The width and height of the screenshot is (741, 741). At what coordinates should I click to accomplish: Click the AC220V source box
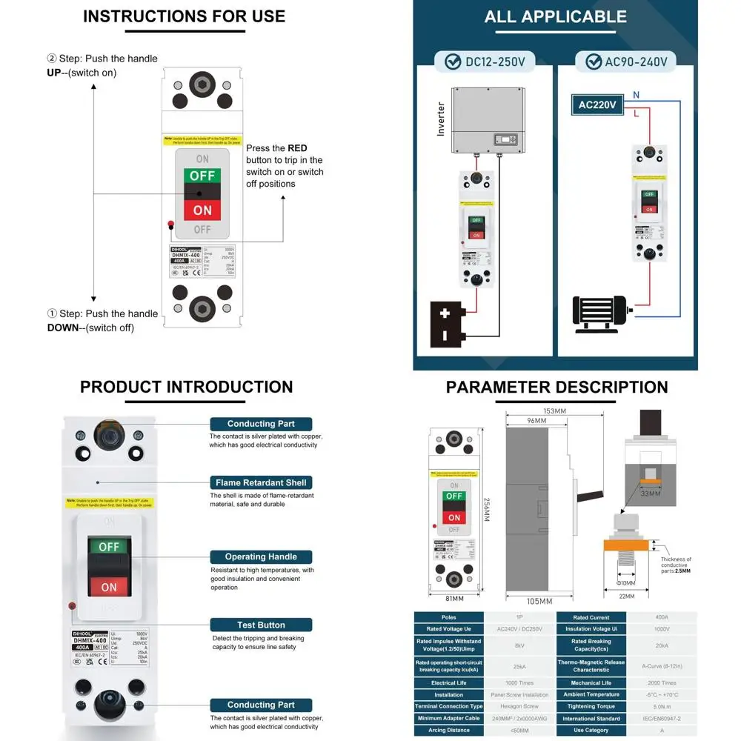click(597, 105)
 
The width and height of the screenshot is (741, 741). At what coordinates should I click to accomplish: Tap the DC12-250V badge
click(485, 62)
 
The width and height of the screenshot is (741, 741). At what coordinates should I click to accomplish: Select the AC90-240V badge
click(626, 62)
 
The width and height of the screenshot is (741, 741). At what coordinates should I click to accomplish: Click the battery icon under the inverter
click(449, 324)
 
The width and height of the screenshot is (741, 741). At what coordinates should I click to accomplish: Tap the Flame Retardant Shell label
click(261, 482)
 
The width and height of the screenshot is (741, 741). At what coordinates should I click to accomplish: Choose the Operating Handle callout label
click(261, 556)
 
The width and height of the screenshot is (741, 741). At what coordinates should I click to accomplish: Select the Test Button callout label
click(261, 625)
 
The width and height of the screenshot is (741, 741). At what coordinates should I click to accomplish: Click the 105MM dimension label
click(540, 601)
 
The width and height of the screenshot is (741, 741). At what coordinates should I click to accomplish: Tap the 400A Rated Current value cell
click(662, 617)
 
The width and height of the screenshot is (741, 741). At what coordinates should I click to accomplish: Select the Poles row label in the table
click(448, 617)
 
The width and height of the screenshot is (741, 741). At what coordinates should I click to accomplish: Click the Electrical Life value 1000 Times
click(519, 682)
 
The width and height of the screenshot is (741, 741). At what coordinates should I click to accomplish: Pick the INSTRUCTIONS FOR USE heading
click(184, 16)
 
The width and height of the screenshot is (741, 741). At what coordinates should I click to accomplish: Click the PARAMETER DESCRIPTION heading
click(556, 387)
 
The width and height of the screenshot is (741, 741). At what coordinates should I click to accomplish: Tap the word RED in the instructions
click(297, 148)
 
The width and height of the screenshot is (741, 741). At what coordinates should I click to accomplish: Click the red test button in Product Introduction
click(72, 605)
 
